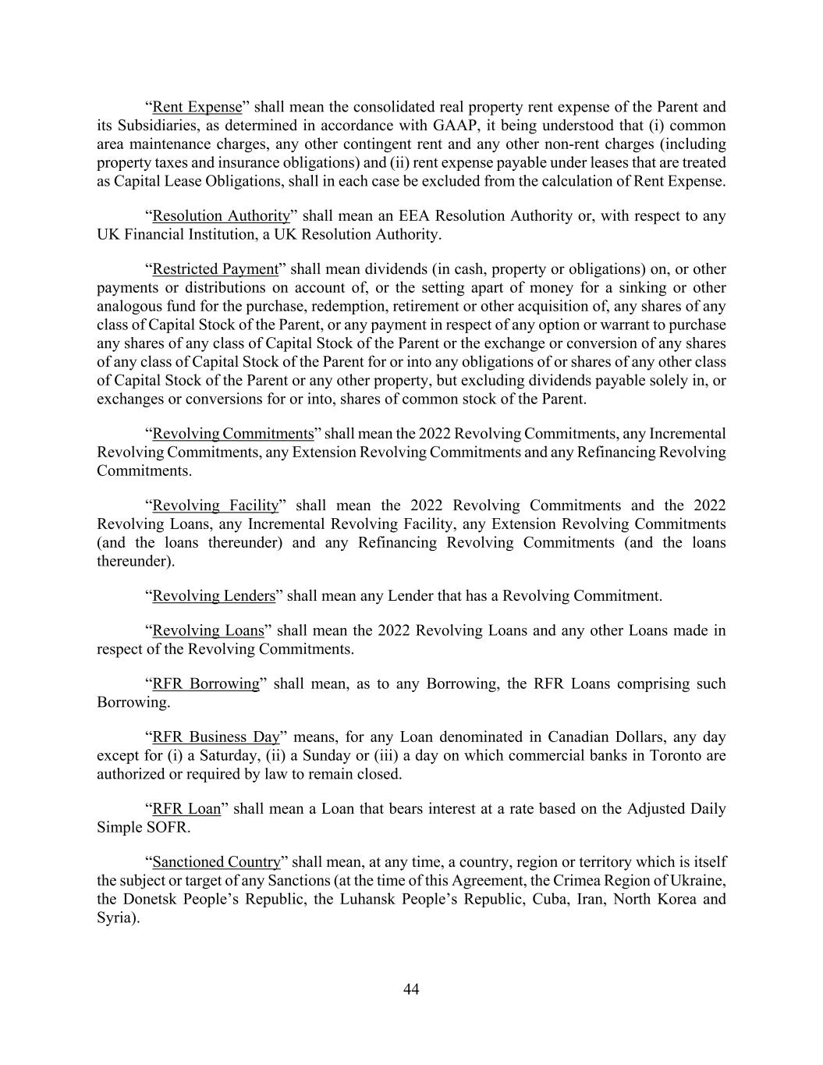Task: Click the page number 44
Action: [x=411, y=989]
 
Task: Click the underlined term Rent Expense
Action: [x=197, y=107]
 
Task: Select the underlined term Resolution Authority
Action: [x=221, y=215]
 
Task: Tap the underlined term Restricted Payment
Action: [x=215, y=269]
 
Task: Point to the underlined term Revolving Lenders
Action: [x=214, y=596]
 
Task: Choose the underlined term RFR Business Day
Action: [x=216, y=737]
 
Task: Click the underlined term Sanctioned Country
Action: [x=216, y=862]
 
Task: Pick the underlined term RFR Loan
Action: [x=186, y=809]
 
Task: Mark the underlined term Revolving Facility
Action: [x=215, y=506]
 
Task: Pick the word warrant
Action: [x=623, y=325]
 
